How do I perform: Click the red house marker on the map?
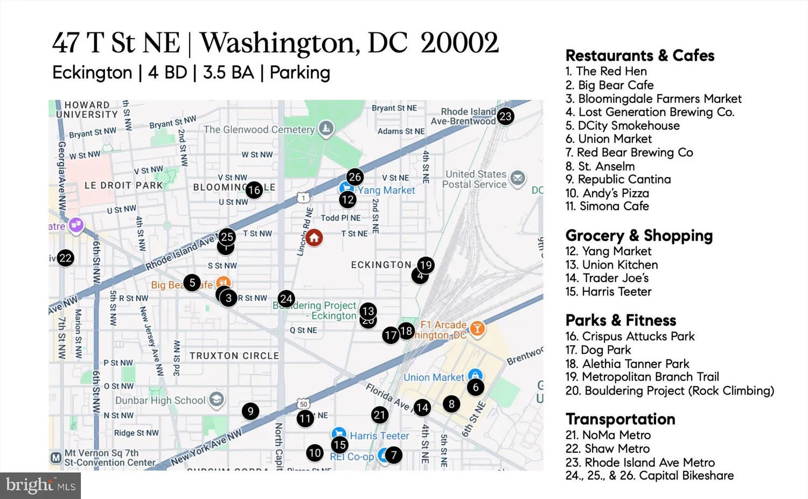click(314, 237)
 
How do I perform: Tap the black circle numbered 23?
click(505, 116)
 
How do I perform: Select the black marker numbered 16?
click(254, 189)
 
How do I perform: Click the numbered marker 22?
click(66, 258)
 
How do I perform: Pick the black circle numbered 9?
click(250, 411)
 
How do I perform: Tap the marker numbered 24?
click(286, 299)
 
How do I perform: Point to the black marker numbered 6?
click(475, 387)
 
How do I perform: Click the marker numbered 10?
click(315, 453)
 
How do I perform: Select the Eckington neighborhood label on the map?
click(381, 265)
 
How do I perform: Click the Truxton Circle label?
click(234, 356)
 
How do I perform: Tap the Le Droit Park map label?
click(123, 185)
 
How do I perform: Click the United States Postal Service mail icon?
click(518, 178)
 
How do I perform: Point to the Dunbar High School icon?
click(217, 399)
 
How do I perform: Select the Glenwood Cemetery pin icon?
click(326, 128)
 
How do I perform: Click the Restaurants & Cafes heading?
click(639, 55)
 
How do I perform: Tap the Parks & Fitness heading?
click(621, 320)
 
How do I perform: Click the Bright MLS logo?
click(40, 486)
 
